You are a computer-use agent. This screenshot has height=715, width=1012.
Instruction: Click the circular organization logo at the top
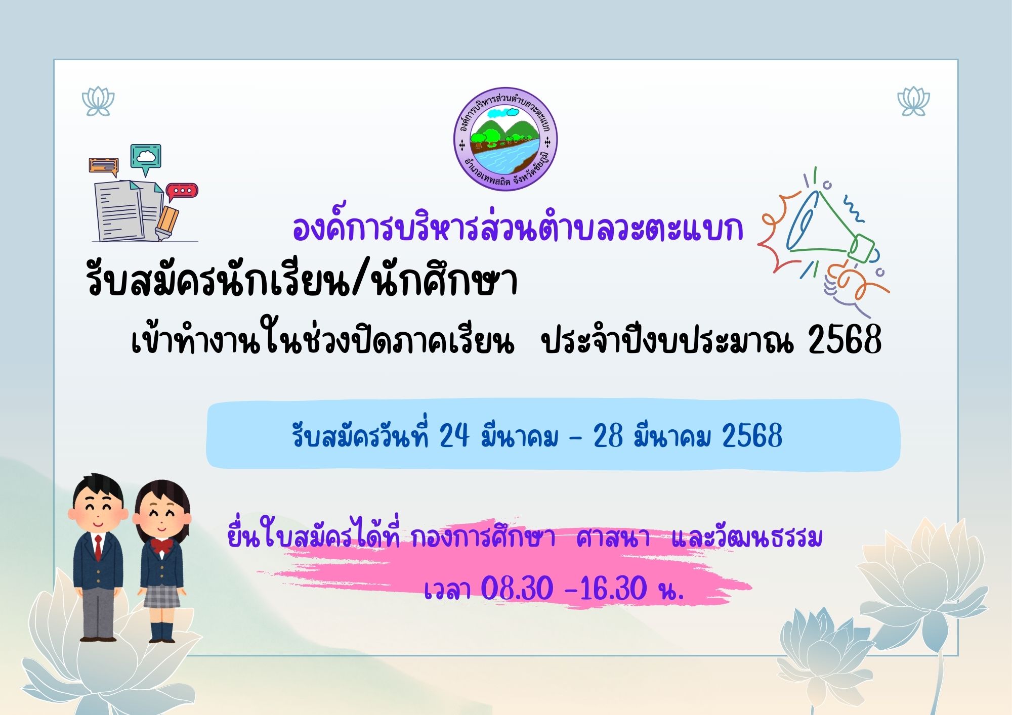click(505, 139)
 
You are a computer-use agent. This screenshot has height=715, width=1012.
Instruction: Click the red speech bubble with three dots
click(182, 192)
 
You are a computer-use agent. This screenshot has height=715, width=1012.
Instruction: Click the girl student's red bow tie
click(162, 546)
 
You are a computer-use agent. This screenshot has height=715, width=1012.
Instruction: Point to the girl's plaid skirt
click(161, 596)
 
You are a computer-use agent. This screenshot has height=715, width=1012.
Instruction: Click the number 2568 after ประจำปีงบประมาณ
click(845, 339)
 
